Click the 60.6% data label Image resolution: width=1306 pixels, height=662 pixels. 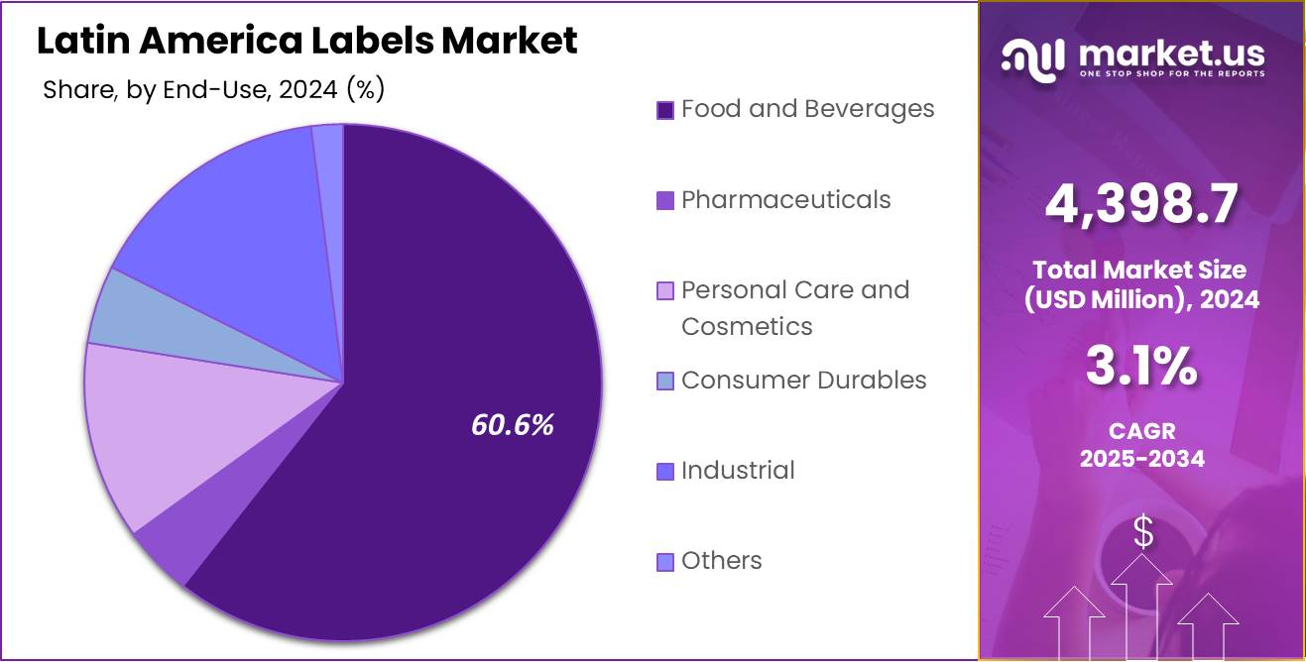click(x=512, y=425)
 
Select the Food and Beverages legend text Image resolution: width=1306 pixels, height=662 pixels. click(x=807, y=109)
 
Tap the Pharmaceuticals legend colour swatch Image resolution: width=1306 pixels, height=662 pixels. click(x=665, y=200)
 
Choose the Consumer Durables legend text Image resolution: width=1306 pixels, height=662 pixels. click(x=803, y=381)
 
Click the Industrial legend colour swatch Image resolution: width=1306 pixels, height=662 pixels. click(x=665, y=472)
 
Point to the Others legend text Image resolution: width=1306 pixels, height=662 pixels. click(x=721, y=561)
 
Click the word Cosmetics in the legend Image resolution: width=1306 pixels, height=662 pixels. click(x=747, y=327)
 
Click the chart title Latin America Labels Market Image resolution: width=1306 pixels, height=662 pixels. click(x=306, y=41)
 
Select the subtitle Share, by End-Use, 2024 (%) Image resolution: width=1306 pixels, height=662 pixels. click(x=213, y=90)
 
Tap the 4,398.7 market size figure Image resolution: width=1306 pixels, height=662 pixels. click(x=1141, y=205)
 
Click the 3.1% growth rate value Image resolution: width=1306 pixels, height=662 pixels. click(x=1141, y=368)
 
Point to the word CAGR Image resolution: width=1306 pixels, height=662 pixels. click(x=1141, y=432)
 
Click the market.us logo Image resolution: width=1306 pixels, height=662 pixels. click(x=1131, y=59)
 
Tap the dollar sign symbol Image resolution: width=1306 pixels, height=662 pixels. click(x=1143, y=533)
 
